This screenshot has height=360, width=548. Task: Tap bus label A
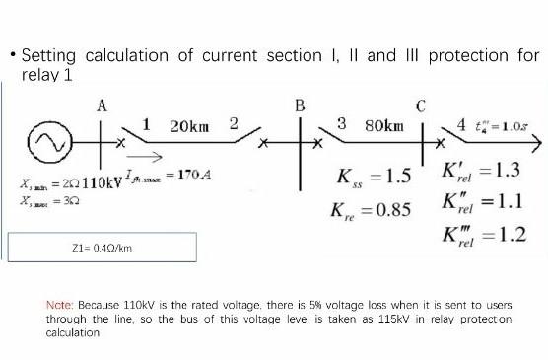pyautogui.click(x=102, y=106)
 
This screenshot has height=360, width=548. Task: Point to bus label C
pyautogui.click(x=421, y=106)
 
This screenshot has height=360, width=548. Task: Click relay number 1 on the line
pyautogui.click(x=146, y=124)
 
